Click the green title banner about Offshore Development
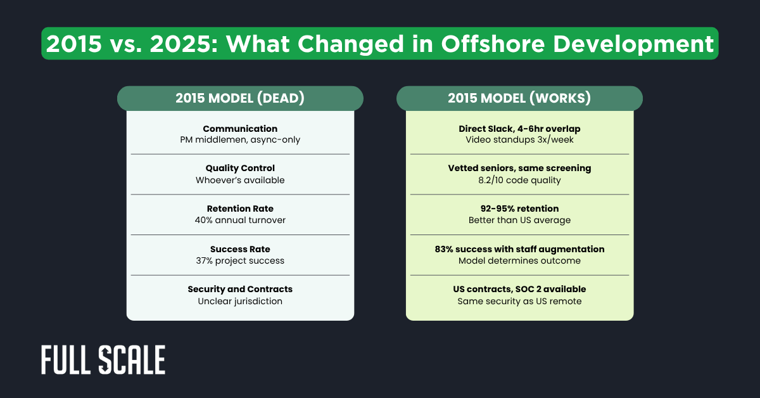tap(380, 43)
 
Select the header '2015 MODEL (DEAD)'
tap(240, 99)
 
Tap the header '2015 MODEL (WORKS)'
tap(519, 99)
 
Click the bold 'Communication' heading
tap(240, 129)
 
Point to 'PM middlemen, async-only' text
tap(240, 139)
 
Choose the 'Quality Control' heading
tap(240, 169)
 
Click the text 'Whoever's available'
tap(240, 180)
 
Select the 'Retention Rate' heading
tap(240, 209)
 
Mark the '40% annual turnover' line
tap(240, 221)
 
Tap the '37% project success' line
tap(240, 260)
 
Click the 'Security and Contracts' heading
tap(240, 289)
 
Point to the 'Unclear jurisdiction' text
tap(240, 301)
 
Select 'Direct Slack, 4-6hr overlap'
tap(519, 129)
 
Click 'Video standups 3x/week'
tap(519, 139)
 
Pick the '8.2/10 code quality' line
tap(519, 180)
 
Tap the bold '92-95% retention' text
tap(519, 209)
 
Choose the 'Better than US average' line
tap(519, 221)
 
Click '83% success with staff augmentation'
tap(519, 249)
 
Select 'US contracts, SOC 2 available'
tap(519, 289)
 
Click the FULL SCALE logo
tap(103, 361)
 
